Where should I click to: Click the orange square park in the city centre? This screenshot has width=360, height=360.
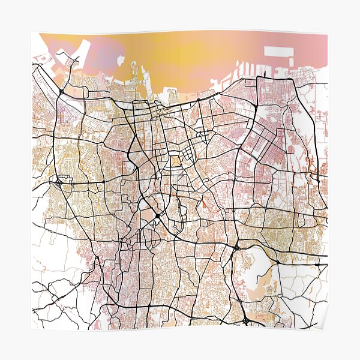coord(175,160)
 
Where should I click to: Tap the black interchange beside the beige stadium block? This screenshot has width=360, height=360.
coord(157,216)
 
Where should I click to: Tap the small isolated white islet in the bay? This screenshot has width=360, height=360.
coord(120,60)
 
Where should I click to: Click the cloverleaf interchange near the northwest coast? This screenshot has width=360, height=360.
coord(62,91)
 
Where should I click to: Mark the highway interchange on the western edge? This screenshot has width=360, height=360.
coord(58,181)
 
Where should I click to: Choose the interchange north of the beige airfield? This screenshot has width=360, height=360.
coord(236,247)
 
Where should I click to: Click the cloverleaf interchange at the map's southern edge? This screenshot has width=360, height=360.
coord(247,321)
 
